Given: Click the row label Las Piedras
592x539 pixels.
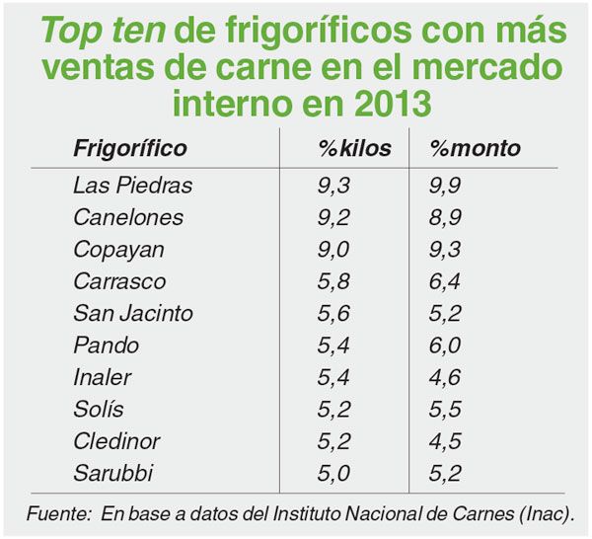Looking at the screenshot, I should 132,185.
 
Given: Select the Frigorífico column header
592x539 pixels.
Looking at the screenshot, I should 130,149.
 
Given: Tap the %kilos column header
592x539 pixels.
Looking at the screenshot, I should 354,149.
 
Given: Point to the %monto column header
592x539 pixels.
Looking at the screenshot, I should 476,149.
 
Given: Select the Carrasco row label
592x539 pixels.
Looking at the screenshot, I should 119,281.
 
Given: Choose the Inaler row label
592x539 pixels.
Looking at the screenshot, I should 103,377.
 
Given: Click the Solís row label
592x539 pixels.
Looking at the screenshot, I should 99,409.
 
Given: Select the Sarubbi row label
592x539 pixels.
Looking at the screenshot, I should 113,473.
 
